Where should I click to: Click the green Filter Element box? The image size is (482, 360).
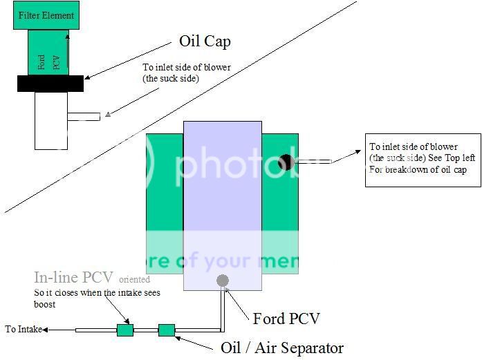point(46,15)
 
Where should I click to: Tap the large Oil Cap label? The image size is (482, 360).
point(205,41)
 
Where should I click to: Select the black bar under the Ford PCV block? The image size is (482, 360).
point(50,84)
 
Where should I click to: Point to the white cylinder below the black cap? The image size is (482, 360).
point(50,120)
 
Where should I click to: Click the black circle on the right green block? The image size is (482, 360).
point(286,162)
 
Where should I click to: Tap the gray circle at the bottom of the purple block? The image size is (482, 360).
point(222,281)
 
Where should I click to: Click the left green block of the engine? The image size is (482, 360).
point(165,200)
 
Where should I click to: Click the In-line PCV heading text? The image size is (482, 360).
point(74,278)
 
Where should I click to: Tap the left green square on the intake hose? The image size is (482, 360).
point(124,330)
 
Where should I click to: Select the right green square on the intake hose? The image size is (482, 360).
point(166,330)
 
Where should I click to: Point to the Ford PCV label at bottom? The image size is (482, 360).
point(286,319)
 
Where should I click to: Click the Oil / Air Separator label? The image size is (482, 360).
point(281,348)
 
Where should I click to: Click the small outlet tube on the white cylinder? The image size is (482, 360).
point(84,117)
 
